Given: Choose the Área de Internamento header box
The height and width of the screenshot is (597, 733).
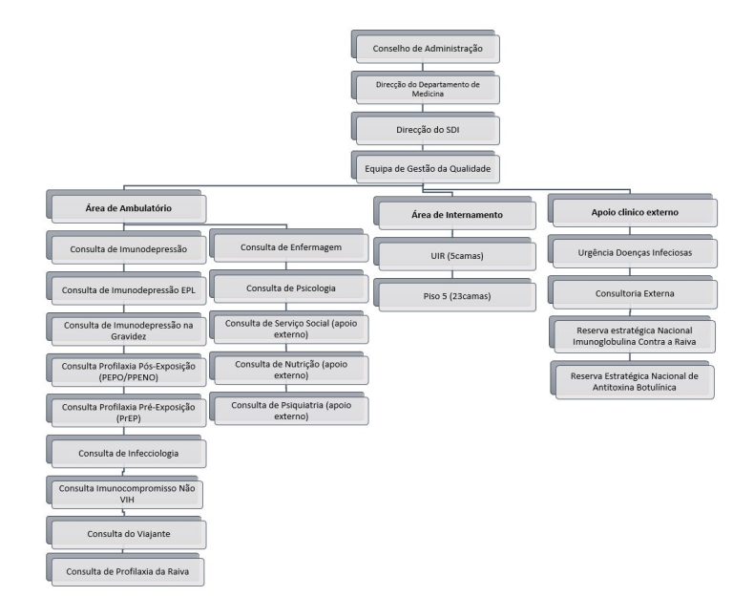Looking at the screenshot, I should [x=455, y=215].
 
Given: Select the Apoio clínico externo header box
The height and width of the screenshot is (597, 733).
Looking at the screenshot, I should [x=629, y=212].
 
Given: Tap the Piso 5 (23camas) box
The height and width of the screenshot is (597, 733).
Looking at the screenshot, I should [x=455, y=295].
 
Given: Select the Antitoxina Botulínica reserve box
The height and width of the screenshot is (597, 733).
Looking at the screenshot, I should [x=635, y=381].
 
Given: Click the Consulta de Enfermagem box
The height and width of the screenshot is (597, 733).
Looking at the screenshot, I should [x=290, y=247].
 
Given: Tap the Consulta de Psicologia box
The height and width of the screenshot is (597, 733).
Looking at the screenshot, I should [x=290, y=288].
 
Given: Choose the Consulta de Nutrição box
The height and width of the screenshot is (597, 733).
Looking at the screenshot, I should [x=290, y=369].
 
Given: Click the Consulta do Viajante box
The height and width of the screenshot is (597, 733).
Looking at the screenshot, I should [x=128, y=532].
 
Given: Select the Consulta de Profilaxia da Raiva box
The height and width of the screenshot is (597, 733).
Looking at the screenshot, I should [x=128, y=572].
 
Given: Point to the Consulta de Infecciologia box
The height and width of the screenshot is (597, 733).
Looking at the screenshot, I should [x=128, y=452].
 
